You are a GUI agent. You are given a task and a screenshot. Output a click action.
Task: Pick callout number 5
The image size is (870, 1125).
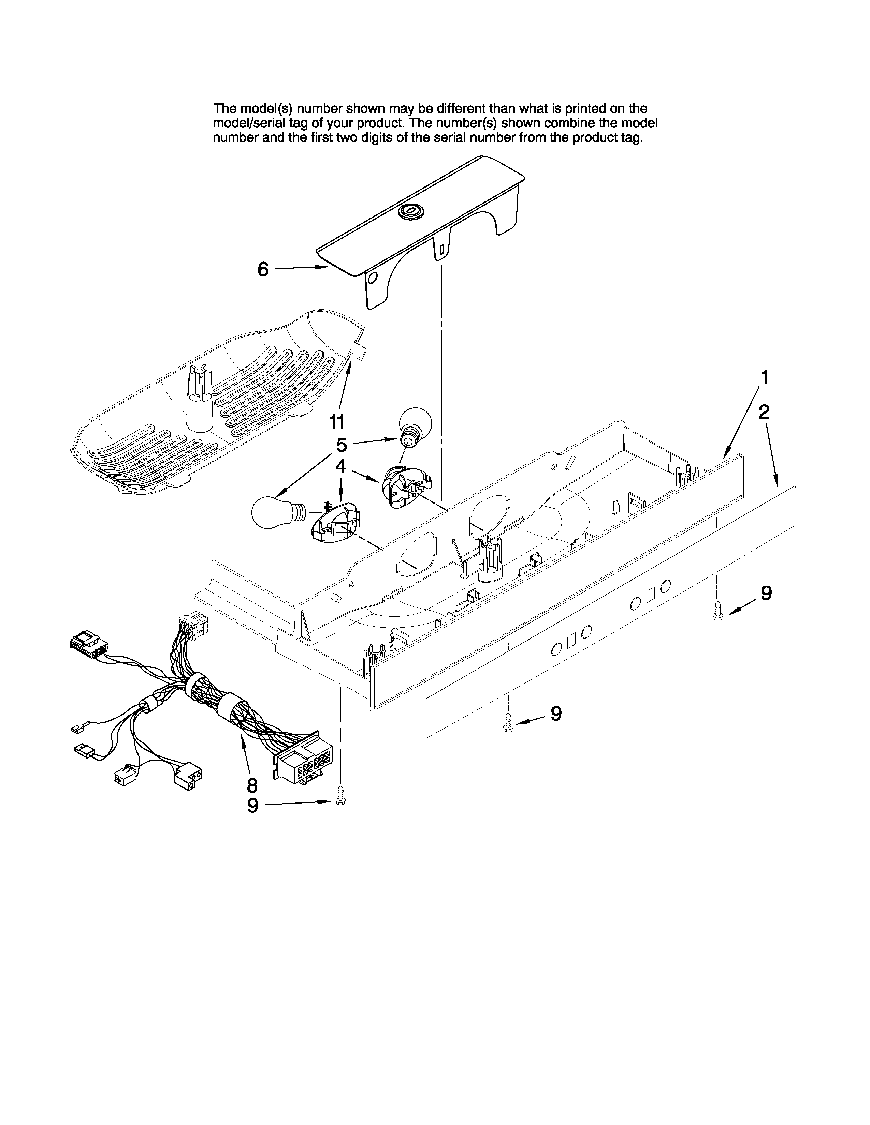click(x=341, y=445)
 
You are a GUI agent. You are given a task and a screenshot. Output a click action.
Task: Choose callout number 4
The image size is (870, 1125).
click(x=341, y=467)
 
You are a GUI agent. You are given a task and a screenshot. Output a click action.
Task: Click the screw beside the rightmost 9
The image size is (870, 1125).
click(x=717, y=612)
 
